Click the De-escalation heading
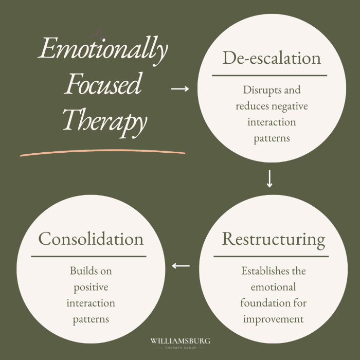point(272,58)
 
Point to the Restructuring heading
point(273,240)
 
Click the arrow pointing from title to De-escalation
point(179,89)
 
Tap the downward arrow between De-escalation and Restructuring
point(269,178)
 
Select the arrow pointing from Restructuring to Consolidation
point(181,266)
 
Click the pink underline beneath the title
point(103,152)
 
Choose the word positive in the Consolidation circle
point(91,286)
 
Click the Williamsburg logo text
point(180,341)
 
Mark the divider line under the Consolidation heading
point(88,256)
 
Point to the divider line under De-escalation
point(269,75)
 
